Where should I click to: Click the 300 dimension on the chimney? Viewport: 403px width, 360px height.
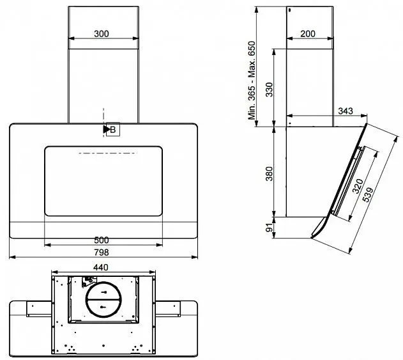click(x=102, y=34)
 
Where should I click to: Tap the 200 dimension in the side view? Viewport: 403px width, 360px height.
click(x=308, y=34)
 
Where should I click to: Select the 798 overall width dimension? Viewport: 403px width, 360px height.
click(x=102, y=252)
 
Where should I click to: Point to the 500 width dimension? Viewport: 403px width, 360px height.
click(x=102, y=240)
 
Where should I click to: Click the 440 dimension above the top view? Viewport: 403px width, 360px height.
click(x=101, y=267)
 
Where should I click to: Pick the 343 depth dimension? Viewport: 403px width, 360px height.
click(x=346, y=111)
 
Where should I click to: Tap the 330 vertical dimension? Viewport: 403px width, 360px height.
click(x=269, y=90)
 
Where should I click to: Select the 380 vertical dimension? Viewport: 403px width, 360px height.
click(x=269, y=174)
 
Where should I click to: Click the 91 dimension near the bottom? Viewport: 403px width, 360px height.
click(x=269, y=228)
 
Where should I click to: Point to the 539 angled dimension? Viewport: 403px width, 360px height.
click(x=368, y=194)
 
